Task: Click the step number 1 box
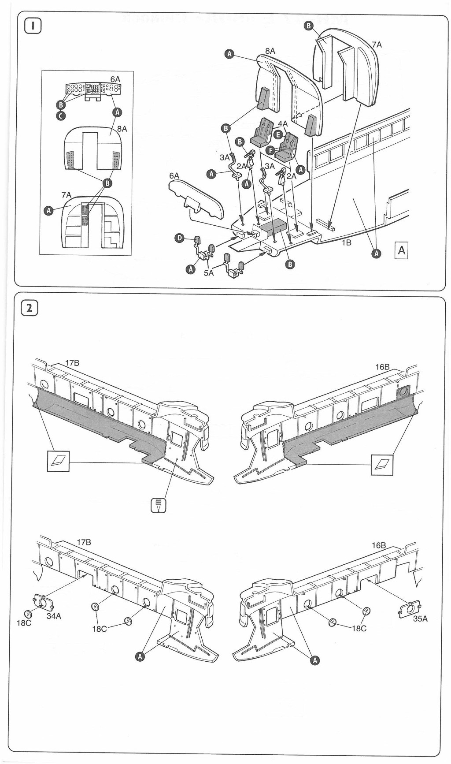[x=33, y=26]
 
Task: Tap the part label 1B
[x=347, y=242]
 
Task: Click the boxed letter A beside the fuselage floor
[x=401, y=250]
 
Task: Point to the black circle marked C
[x=61, y=116]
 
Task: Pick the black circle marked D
[x=179, y=238]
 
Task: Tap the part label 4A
[x=282, y=124]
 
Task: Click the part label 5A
[x=208, y=273]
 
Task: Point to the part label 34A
[x=54, y=616]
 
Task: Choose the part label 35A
[x=420, y=619]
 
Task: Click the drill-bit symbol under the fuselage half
[x=159, y=505]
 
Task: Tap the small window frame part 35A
[x=409, y=608]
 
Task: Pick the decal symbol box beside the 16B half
[x=382, y=464]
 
